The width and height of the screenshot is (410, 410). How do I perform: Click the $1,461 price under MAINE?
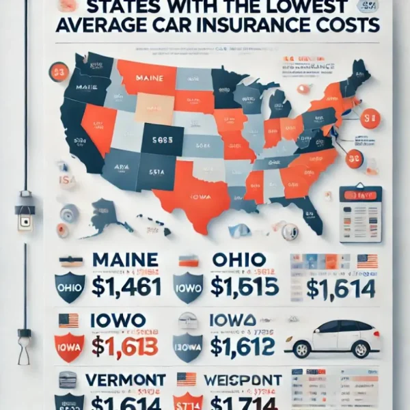127,288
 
